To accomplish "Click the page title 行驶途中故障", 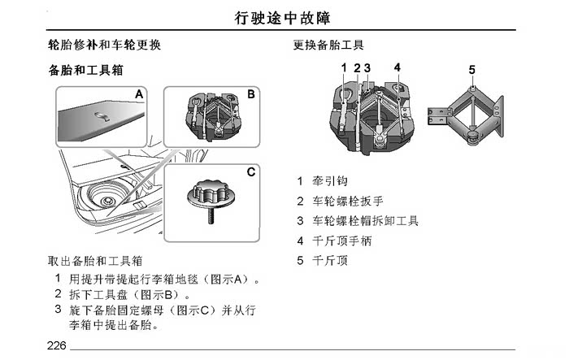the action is tap(282, 18).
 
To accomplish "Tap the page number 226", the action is tap(57, 345).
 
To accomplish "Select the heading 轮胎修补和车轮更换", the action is tap(105, 45).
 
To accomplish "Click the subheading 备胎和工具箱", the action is tap(86, 70).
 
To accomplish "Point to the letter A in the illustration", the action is tap(139, 94).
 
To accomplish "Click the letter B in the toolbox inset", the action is tap(251, 94).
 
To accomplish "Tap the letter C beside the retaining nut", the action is tap(250, 171).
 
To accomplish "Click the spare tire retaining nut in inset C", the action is tap(211, 199).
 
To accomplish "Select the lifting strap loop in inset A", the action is tap(103, 116).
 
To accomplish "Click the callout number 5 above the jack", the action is tap(471, 70).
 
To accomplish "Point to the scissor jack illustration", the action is tap(466, 115).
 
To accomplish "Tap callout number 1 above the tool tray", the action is tap(344, 67).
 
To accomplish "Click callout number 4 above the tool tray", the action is tap(397, 67).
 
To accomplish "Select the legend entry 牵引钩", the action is tap(330, 180).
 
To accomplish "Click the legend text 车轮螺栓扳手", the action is tap(348, 201).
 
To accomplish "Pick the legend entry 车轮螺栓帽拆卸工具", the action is tap(366, 220).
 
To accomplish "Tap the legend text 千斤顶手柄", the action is tap(342, 241).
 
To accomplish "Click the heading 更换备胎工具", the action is tap(328, 45).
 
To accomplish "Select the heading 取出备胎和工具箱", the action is tap(95, 261).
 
